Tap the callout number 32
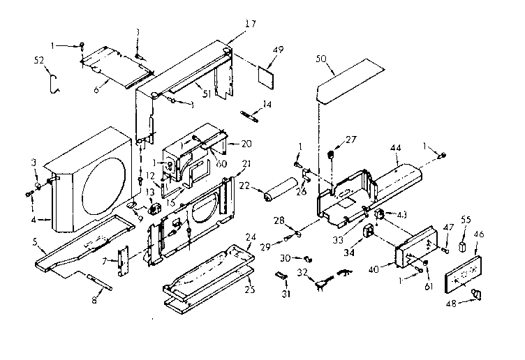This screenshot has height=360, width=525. pos(302,272)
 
